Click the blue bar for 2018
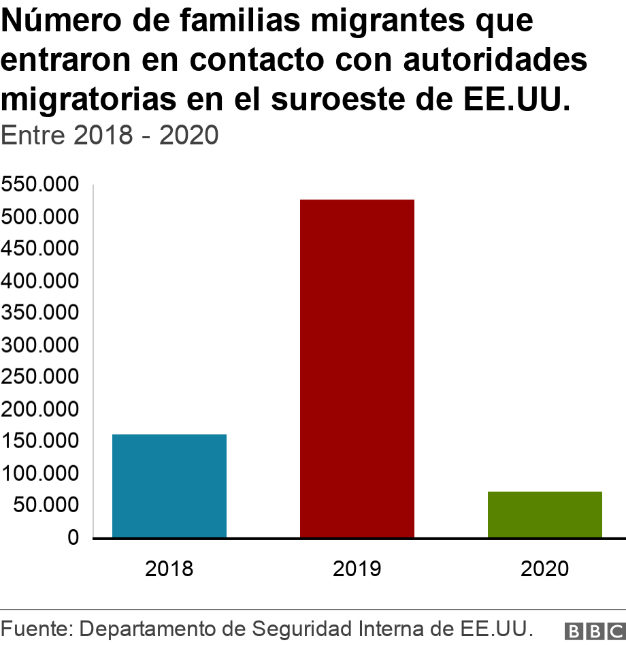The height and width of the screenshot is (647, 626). pos(169,486)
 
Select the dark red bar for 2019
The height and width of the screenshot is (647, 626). pos(357,368)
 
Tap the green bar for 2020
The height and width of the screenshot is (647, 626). pos(544,514)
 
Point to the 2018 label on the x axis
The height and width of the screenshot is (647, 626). pos(169,569)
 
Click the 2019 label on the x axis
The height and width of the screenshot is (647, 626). pos(357,569)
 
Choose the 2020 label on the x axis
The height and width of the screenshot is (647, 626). pos(544,569)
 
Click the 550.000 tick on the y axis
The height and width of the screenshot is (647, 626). pos(40,185)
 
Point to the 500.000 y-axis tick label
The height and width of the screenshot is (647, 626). pos(40,217)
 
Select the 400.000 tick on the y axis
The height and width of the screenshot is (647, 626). pos(40,281)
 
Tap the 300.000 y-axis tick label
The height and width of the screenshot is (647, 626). pos(40,345)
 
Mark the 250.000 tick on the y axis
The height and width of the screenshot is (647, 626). pos(40,377)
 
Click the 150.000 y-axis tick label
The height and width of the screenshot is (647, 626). pos(40,441)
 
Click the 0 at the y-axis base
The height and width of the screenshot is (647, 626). pos(72,538)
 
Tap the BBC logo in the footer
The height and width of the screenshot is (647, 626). pos(594,630)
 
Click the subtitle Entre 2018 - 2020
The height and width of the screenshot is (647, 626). pos(110,135)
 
